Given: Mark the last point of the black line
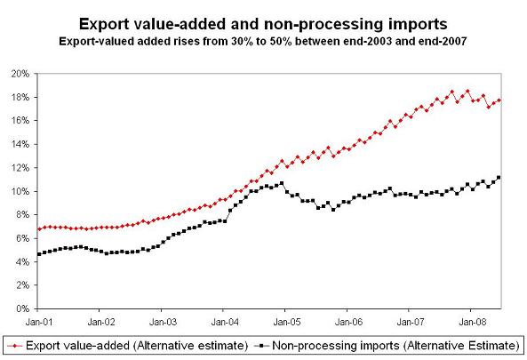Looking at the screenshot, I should point(499,177).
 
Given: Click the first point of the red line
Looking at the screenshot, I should point(40,229).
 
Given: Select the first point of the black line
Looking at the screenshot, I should point(40,254).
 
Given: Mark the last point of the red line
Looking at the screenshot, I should point(499,100).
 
